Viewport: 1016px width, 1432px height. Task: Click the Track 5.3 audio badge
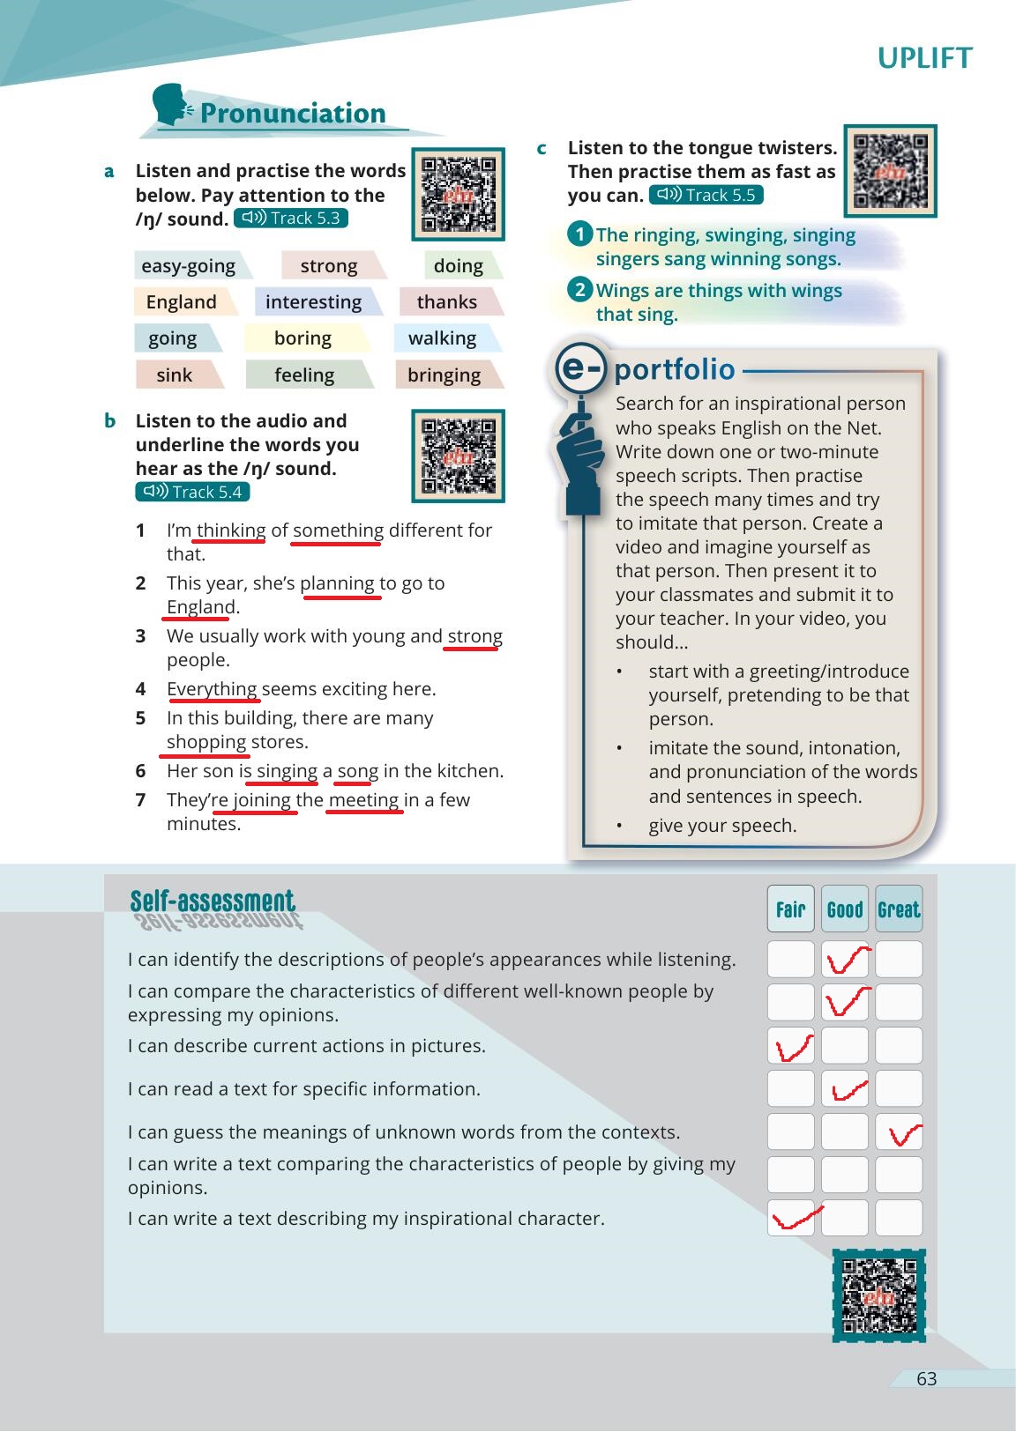tap(291, 219)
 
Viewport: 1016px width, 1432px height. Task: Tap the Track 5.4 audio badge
tap(192, 492)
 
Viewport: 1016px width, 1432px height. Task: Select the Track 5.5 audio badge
tap(706, 196)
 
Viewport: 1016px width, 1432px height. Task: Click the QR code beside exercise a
tap(458, 194)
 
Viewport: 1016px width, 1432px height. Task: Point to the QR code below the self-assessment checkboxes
tap(878, 1295)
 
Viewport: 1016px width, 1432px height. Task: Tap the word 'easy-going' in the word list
tap(189, 266)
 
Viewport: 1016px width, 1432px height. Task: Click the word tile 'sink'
tap(175, 375)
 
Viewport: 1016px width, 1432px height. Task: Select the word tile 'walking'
tap(443, 338)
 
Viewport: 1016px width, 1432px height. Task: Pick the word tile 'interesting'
tap(314, 302)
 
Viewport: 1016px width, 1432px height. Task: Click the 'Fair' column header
tap(790, 909)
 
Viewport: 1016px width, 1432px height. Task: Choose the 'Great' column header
tap(899, 909)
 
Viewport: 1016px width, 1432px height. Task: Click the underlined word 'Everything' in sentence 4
tap(212, 689)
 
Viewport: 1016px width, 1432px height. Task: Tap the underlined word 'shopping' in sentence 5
tap(206, 742)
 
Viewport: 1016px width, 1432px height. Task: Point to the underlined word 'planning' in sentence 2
tap(338, 583)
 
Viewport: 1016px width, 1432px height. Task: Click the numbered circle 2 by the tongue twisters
tap(579, 290)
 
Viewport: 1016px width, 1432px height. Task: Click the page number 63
tap(926, 1379)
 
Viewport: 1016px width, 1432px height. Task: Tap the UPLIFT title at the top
tap(924, 58)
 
